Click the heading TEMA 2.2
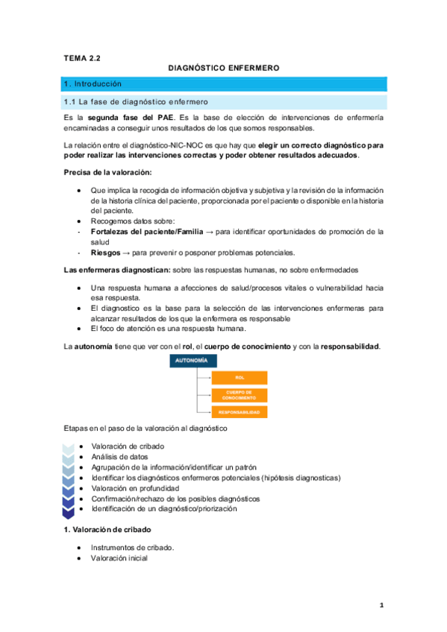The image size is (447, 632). point(81,56)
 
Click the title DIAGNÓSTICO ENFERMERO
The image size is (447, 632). point(224,68)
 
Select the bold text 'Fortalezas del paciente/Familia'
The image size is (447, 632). point(146,232)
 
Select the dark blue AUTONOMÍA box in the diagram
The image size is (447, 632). point(193,361)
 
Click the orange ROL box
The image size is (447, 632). point(240,378)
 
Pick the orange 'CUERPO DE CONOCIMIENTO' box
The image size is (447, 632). point(240,394)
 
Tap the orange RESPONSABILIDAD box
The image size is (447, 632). point(240,411)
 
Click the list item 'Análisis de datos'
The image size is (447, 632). point(119,457)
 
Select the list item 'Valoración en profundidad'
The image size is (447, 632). point(136,488)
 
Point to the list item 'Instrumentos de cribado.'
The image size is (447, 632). point(132,547)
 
